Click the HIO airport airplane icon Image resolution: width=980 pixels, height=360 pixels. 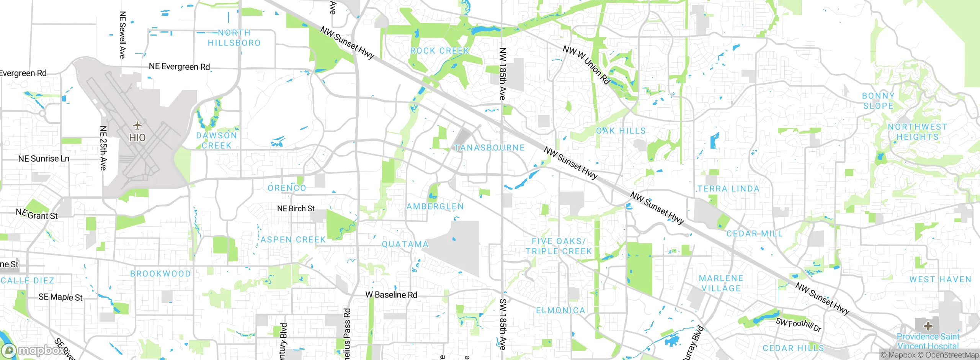pyautogui.click(x=137, y=125)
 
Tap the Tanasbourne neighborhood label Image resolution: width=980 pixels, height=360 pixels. pyautogui.click(x=489, y=148)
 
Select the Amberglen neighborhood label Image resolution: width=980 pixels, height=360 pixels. pyautogui.click(x=435, y=206)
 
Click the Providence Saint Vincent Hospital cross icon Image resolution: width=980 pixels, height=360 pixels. pyautogui.click(x=928, y=326)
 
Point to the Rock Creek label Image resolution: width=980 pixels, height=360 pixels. pyautogui.click(x=439, y=51)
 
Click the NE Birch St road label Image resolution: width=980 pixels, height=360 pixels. pyautogui.click(x=296, y=209)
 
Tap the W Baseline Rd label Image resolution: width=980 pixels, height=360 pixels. pyautogui.click(x=391, y=295)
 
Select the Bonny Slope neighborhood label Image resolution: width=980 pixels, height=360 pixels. pyautogui.click(x=878, y=101)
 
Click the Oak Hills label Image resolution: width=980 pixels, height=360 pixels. pyautogui.click(x=621, y=131)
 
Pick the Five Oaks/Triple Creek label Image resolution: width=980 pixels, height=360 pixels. pyautogui.click(x=559, y=246)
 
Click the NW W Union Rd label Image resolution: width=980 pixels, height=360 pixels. pyautogui.click(x=586, y=65)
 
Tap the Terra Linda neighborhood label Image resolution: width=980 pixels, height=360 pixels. pyautogui.click(x=728, y=189)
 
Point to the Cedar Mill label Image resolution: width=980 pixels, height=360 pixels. pyautogui.click(x=754, y=234)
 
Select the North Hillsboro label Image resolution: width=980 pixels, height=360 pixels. pyautogui.click(x=234, y=38)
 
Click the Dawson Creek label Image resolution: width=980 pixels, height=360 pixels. pyautogui.click(x=217, y=141)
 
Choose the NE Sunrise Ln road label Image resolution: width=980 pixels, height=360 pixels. pyautogui.click(x=44, y=159)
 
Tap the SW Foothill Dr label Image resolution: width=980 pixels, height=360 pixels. pyautogui.click(x=799, y=325)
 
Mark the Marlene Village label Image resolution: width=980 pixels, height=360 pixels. pyautogui.click(x=721, y=283)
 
